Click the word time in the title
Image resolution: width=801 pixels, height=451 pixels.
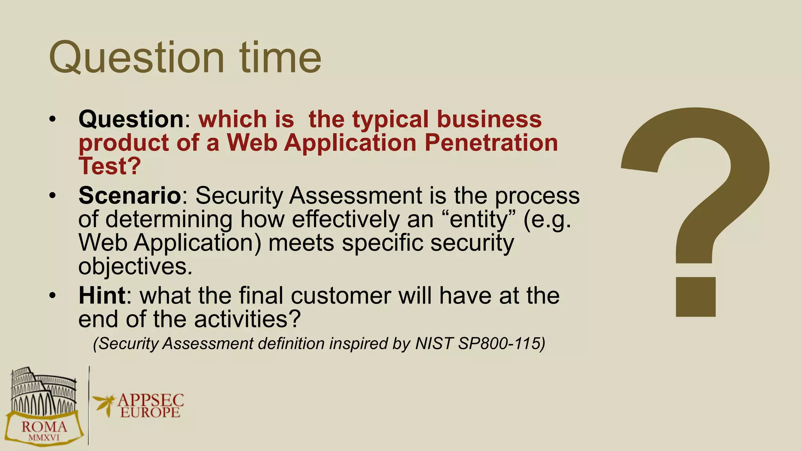point(280,58)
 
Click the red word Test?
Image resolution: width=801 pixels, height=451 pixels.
point(110,166)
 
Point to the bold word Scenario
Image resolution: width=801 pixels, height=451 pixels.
point(129,195)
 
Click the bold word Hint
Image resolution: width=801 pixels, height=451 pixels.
point(102,295)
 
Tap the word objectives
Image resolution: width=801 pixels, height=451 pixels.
point(133,267)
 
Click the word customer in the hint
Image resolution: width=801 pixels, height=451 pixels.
point(341,295)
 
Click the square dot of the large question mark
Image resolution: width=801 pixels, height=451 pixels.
point(696,297)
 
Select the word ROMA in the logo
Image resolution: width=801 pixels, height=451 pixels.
point(44,427)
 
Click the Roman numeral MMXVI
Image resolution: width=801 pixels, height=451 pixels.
point(44,438)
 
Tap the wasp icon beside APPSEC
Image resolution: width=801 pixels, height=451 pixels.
point(104,403)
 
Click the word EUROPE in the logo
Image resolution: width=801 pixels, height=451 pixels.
point(150,413)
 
